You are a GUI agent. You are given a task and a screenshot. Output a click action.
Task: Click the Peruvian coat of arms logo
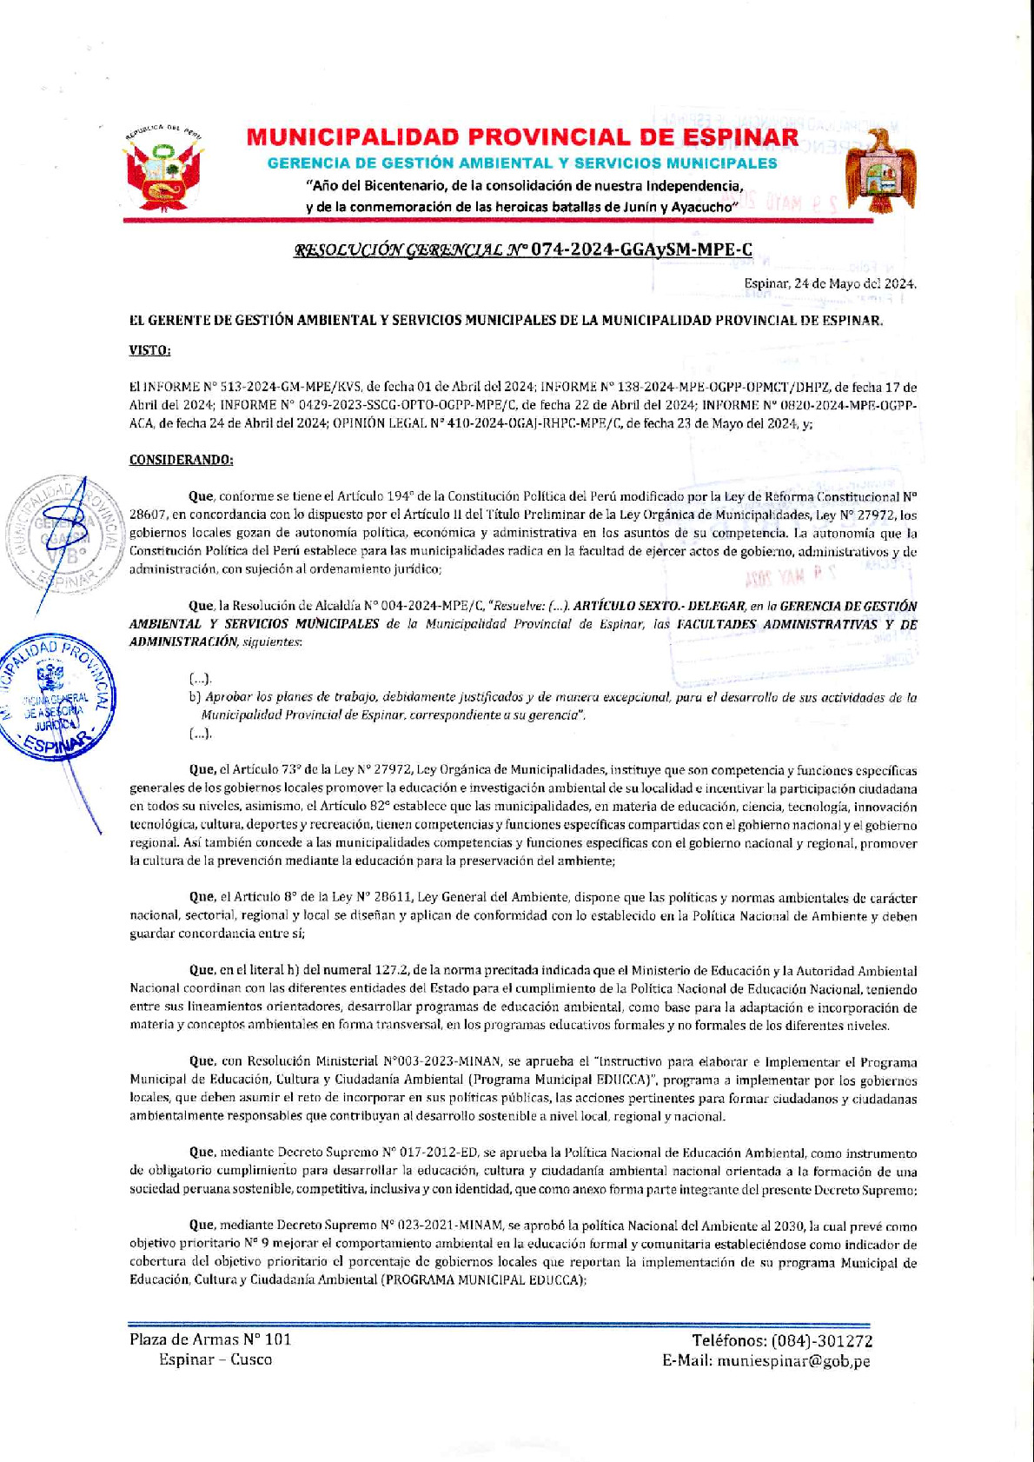pyautogui.click(x=163, y=172)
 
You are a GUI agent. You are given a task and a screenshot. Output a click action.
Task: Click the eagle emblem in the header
pyautogui.click(x=881, y=172)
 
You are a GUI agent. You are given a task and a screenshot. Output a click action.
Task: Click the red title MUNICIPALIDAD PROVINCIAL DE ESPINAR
pyautogui.click(x=522, y=137)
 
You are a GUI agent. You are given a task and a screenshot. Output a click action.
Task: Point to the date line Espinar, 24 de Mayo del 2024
pyautogui.click(x=829, y=283)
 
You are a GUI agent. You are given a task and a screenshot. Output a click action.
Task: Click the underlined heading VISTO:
pyautogui.click(x=149, y=350)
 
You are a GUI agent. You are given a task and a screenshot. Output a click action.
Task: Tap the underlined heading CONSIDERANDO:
pyautogui.click(x=181, y=460)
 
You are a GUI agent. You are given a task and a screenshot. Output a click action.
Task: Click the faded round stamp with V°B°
pyautogui.click(x=64, y=537)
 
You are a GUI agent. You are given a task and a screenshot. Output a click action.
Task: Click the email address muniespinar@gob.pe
pyautogui.click(x=793, y=1361)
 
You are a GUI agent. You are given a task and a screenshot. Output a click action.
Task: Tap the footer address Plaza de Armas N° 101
pyautogui.click(x=210, y=1339)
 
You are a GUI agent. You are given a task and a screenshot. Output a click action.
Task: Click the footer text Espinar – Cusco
pyautogui.click(x=215, y=1359)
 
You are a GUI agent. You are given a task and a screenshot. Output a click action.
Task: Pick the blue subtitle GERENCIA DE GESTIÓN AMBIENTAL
pyautogui.click(x=522, y=163)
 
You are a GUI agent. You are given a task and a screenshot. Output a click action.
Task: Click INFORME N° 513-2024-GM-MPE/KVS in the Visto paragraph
pyautogui.click(x=246, y=388)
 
